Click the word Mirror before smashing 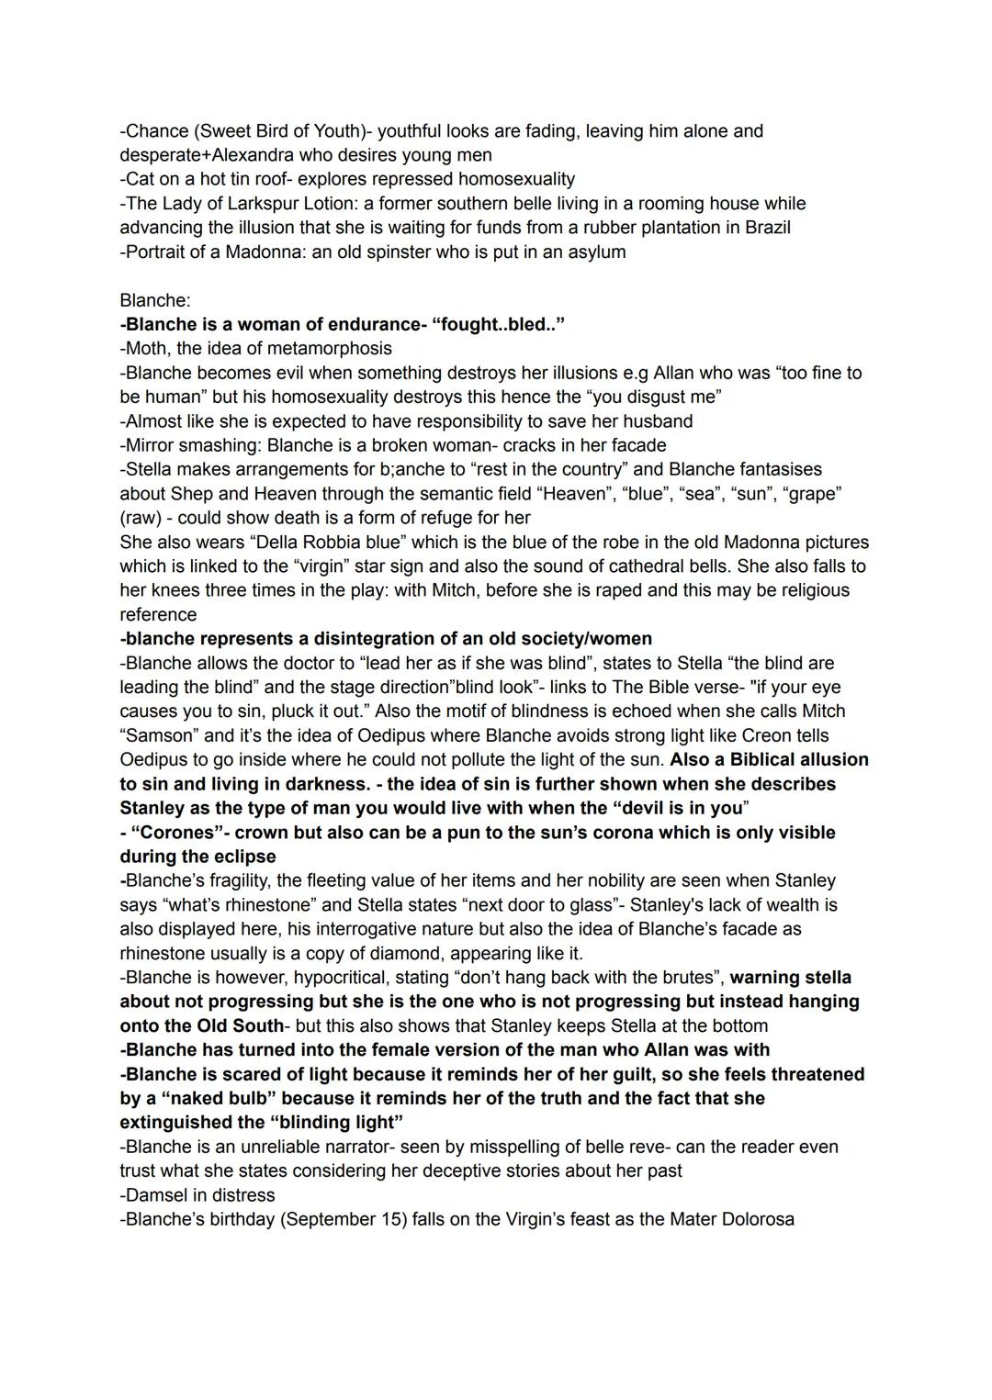151,445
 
